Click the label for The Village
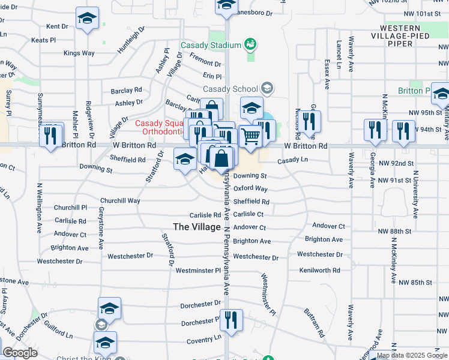(x=196, y=226)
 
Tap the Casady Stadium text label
(x=209, y=45)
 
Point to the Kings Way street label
(x=79, y=53)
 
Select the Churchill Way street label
(x=120, y=200)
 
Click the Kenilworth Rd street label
(x=320, y=271)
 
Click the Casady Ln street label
(x=292, y=161)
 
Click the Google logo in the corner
(x=20, y=353)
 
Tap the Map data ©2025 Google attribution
(x=412, y=355)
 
